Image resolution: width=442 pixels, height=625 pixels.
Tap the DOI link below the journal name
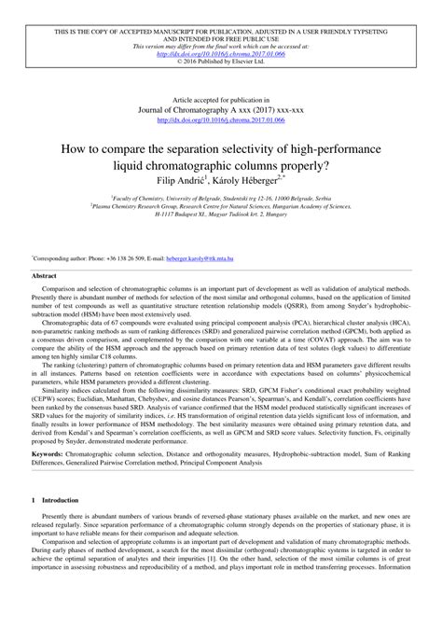point(220,118)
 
